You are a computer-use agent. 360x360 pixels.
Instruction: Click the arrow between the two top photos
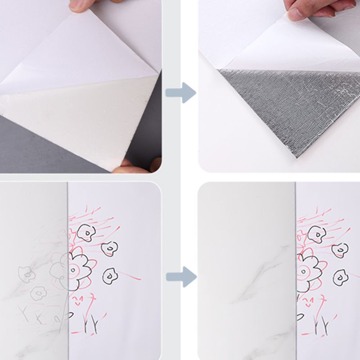180,93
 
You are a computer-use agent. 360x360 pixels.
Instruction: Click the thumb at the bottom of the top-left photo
135,167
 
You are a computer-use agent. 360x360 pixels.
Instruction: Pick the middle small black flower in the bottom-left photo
109,248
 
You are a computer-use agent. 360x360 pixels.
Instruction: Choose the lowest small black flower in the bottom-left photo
109,276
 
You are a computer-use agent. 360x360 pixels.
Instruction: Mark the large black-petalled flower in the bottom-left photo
78,270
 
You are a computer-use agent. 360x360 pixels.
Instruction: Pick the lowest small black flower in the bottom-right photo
340,277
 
